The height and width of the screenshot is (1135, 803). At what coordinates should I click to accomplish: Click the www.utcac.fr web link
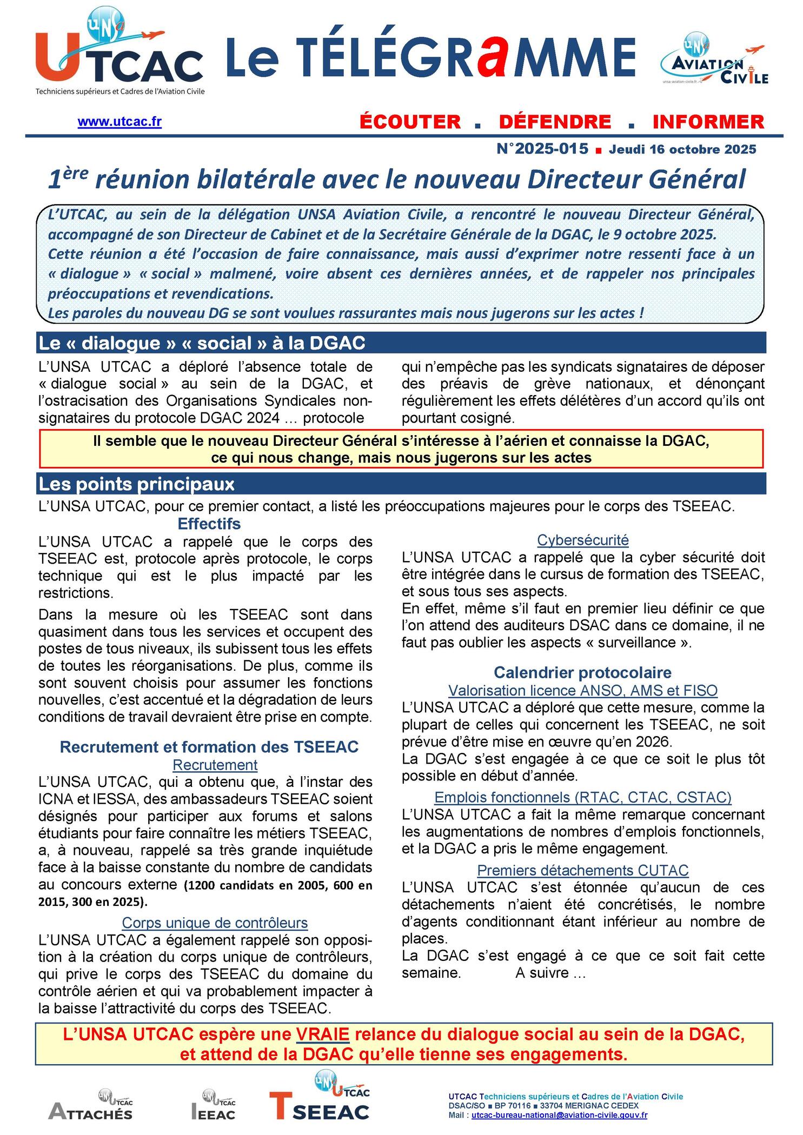[x=120, y=122]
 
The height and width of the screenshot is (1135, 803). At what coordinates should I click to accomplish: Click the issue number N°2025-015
[x=542, y=149]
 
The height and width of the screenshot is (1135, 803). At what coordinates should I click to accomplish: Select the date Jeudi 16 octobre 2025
[x=682, y=149]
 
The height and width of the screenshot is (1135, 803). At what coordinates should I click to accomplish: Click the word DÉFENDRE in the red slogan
[x=555, y=122]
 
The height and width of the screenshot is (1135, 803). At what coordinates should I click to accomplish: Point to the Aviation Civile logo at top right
[x=714, y=59]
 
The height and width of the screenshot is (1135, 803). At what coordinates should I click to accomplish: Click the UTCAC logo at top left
[x=119, y=54]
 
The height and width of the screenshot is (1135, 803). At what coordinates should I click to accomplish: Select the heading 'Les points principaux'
[x=136, y=484]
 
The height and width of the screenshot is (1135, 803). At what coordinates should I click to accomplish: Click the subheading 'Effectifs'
[x=209, y=524]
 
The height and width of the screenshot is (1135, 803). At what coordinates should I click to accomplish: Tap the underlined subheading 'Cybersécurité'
[x=582, y=539]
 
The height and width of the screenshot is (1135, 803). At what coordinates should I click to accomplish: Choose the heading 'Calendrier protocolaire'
[x=582, y=672]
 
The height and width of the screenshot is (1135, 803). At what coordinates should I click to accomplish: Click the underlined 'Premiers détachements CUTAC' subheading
[x=582, y=870]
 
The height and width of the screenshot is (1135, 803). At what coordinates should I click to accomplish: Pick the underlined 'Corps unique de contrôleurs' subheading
[x=215, y=922]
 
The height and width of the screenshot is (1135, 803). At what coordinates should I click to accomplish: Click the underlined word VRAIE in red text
[x=323, y=1034]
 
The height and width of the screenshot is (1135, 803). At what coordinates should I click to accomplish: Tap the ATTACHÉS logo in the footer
[x=91, y=1105]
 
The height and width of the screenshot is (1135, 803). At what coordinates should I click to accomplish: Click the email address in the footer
[x=559, y=1114]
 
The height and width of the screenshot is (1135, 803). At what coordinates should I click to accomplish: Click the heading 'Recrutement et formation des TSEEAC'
[x=209, y=747]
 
